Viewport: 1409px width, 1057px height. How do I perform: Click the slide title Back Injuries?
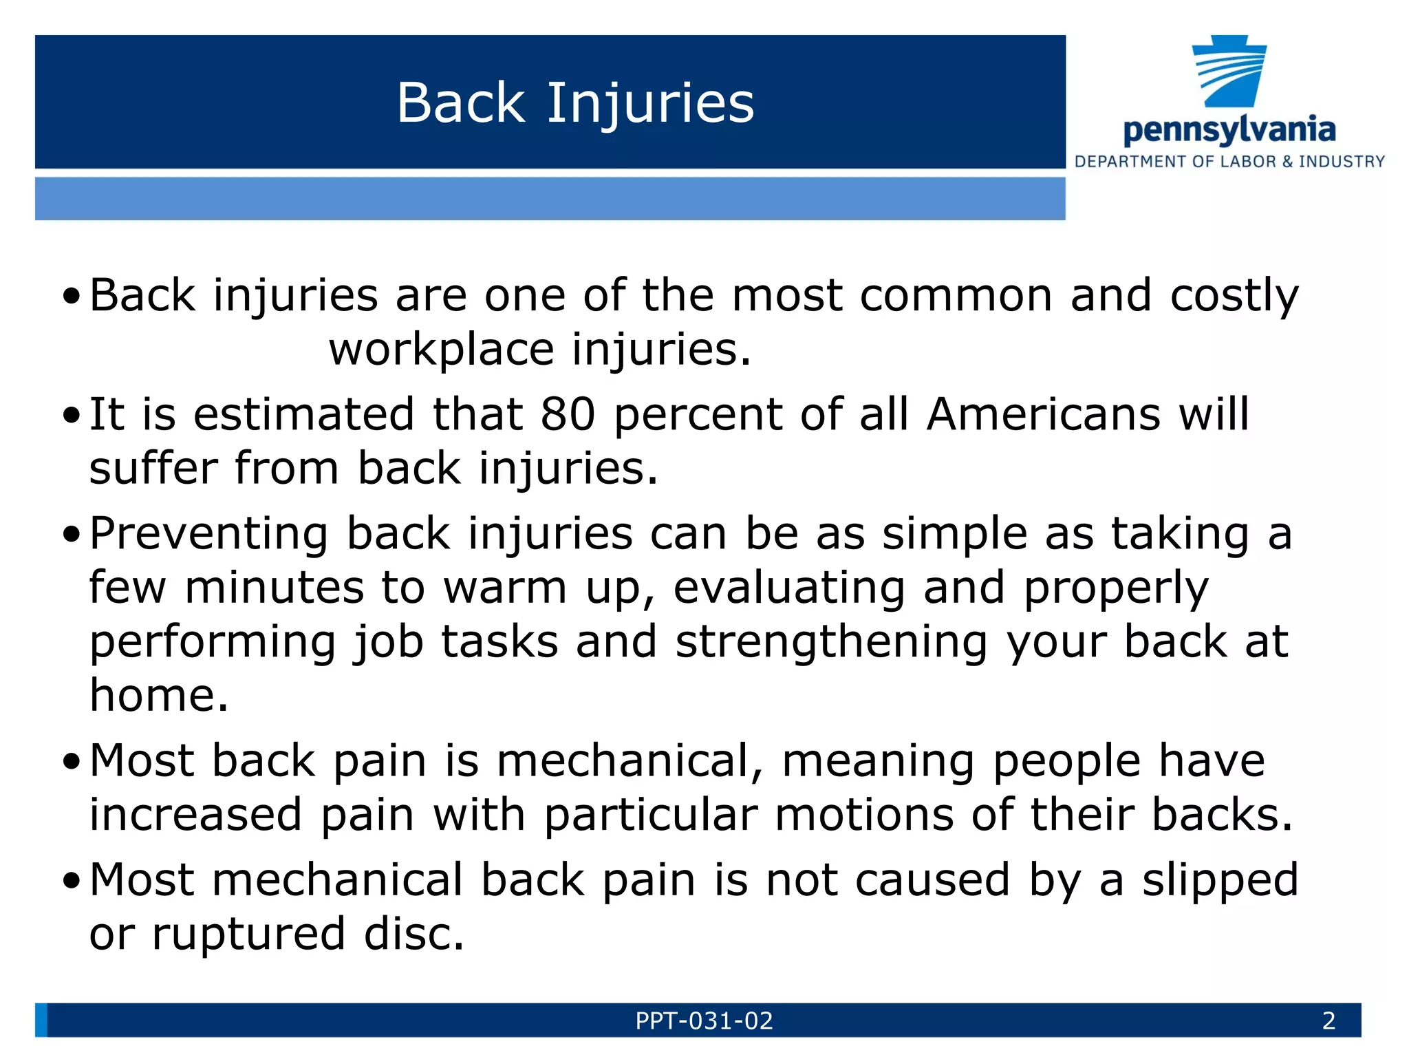click(575, 103)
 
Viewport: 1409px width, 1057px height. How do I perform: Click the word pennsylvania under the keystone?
click(1229, 130)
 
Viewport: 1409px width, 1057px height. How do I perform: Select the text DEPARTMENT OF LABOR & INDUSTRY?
click(1229, 162)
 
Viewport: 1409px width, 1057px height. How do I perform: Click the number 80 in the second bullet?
click(568, 415)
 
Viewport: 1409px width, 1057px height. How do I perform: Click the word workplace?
click(441, 350)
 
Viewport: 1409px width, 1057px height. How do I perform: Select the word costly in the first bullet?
click(1234, 297)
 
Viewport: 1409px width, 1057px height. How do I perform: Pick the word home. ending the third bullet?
click(158, 696)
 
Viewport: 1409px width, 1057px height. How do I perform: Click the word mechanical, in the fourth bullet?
click(630, 762)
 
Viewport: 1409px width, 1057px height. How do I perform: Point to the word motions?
click(864, 815)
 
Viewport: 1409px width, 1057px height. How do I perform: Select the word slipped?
click(1220, 881)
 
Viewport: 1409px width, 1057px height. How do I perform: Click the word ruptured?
click(248, 935)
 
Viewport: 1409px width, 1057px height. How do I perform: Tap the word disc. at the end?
click(414, 935)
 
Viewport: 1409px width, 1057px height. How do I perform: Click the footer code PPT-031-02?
click(704, 1021)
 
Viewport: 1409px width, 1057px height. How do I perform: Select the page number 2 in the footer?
click(1329, 1021)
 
